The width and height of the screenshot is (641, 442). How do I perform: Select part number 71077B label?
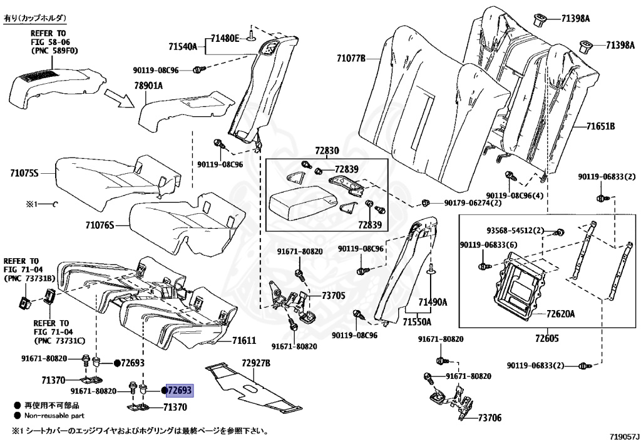tap(351, 59)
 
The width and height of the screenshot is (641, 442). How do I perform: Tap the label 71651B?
tap(600, 127)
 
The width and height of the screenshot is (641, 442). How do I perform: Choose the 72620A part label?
tap(560, 314)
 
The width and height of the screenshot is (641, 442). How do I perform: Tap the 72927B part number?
tap(255, 363)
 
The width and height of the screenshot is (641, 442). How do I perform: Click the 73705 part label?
tap(333, 295)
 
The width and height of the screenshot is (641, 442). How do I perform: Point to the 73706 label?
tap(490, 418)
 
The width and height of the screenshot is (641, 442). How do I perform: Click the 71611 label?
tap(244, 341)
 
